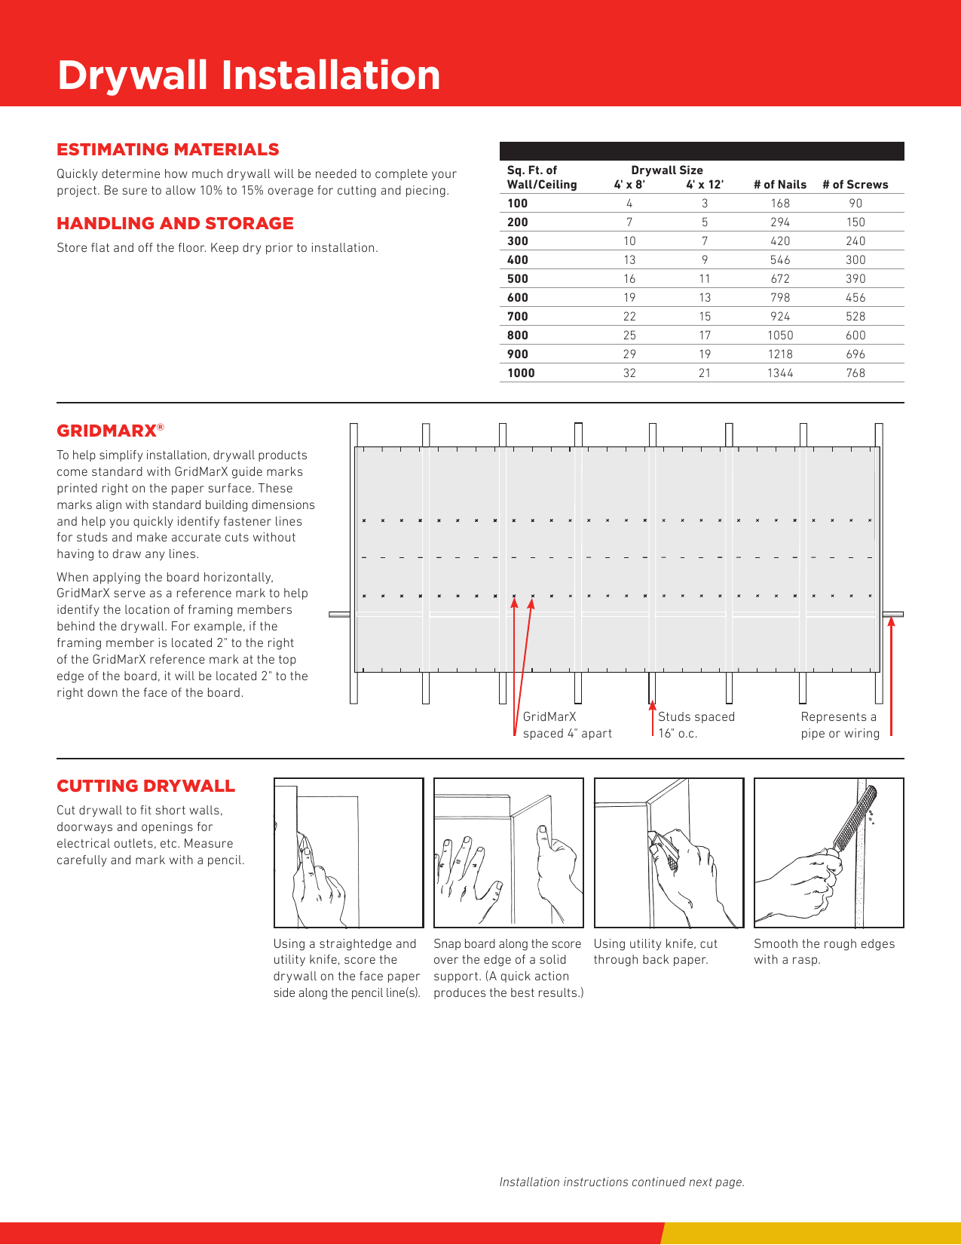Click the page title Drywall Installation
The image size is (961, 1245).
point(249,75)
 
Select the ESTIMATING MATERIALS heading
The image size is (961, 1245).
point(167,149)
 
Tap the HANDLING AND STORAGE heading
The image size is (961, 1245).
point(175,223)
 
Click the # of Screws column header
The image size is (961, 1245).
point(855,185)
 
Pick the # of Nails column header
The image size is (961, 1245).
point(779,185)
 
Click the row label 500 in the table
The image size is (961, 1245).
point(518,279)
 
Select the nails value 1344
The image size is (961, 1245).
point(780,373)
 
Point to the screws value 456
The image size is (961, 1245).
point(855,298)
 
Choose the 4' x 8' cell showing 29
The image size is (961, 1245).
point(629,354)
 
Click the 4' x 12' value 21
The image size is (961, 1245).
point(705,373)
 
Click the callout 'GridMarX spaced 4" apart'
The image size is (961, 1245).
point(567,725)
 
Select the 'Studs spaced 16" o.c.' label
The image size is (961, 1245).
point(696,725)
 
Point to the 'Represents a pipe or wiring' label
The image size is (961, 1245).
point(840,725)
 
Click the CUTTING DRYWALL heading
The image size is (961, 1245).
point(145,786)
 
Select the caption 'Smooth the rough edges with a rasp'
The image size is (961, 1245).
point(824,952)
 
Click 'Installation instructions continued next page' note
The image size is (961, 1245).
point(622,1182)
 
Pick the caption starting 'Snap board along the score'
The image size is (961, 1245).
point(508,968)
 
